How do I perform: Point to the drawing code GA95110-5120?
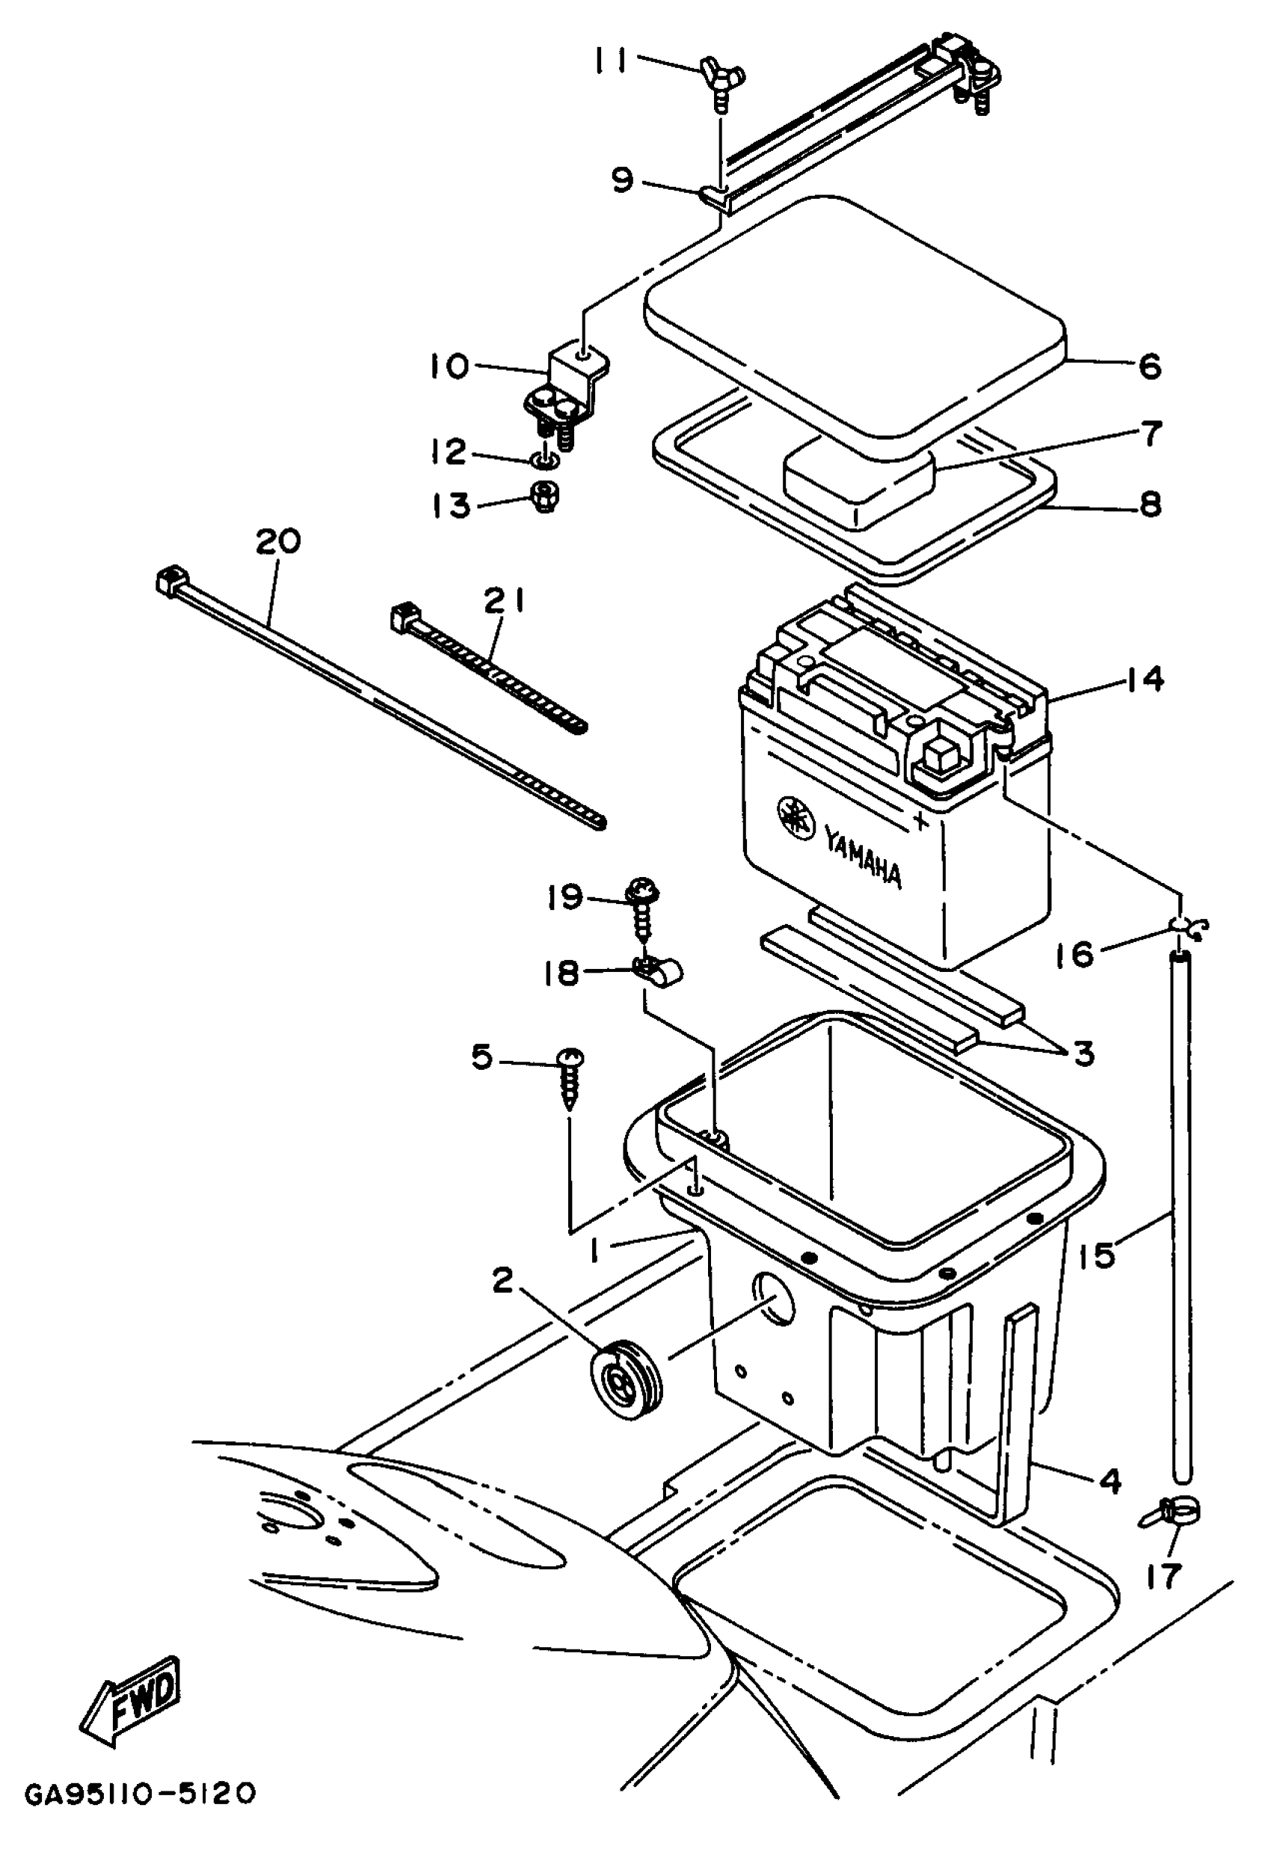coord(141,1809)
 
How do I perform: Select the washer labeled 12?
coord(544,461)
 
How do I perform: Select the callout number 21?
coord(505,600)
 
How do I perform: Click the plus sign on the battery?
coord(923,820)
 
